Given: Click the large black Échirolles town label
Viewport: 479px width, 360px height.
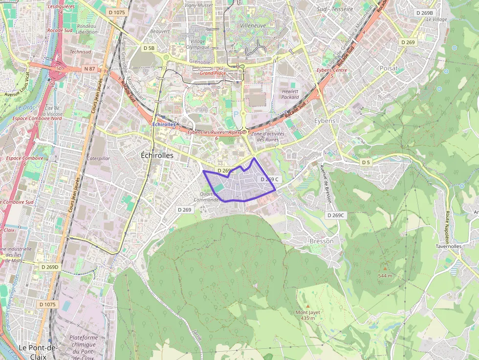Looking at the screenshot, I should coord(157,155).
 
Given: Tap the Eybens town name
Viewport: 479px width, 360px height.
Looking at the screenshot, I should coord(325,121).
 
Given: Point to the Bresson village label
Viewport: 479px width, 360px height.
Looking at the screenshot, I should coord(322,241).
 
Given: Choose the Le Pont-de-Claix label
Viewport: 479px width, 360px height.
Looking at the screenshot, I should coord(38,348).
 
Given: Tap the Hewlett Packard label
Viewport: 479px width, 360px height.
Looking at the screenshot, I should coord(290,94).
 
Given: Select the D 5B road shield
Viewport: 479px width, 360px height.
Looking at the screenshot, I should coord(149,48).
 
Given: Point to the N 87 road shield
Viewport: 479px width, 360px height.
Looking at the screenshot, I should coord(89,69).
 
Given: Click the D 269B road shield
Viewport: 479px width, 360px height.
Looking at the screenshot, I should coord(424,13).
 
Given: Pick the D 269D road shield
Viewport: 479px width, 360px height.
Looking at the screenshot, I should coord(49,267).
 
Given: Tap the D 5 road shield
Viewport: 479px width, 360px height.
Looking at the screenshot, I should coord(366,162).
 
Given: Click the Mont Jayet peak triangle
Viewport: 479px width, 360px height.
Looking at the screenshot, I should coord(307,306).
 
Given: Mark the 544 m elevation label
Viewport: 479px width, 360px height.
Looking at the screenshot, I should coord(385,275).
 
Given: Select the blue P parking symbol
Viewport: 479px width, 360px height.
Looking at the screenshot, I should coord(237,114).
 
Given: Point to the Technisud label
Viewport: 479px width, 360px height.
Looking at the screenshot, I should coord(80,51).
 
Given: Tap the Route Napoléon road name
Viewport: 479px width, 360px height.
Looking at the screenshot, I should coord(446,225).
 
